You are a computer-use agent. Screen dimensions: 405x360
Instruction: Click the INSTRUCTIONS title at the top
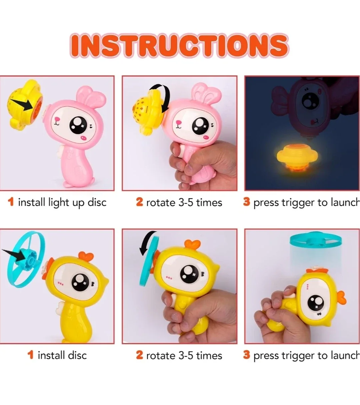pos(180,45)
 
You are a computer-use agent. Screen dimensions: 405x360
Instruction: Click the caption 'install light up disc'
pos(62,202)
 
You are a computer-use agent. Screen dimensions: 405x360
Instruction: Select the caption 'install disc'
pos(62,355)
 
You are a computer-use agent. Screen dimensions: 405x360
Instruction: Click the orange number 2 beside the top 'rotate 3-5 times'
pos(139,202)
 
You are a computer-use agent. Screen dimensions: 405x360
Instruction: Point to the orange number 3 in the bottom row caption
pos(246,355)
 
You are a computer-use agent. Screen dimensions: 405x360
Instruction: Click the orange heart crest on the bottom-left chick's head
pos(86,256)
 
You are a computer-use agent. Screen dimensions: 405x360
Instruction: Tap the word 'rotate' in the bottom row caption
pos(161,355)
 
